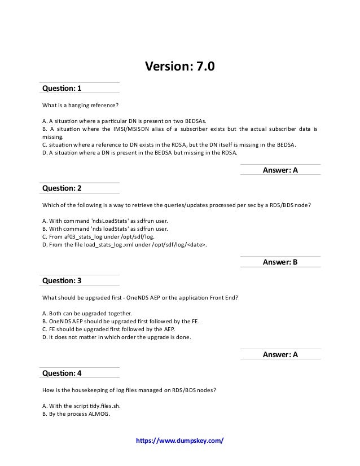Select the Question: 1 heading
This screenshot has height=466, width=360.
tap(62, 89)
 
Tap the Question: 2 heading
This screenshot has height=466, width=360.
tap(62, 188)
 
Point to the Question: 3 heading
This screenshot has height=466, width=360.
tap(62, 280)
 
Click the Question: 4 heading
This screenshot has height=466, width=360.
tap(62, 373)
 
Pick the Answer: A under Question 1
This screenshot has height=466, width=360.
tap(280, 169)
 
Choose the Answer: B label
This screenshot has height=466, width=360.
tap(280, 262)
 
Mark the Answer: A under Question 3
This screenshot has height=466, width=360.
tap(280, 354)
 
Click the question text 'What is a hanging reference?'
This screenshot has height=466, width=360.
tap(81, 105)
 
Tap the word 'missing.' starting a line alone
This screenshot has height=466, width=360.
tap(53, 136)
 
